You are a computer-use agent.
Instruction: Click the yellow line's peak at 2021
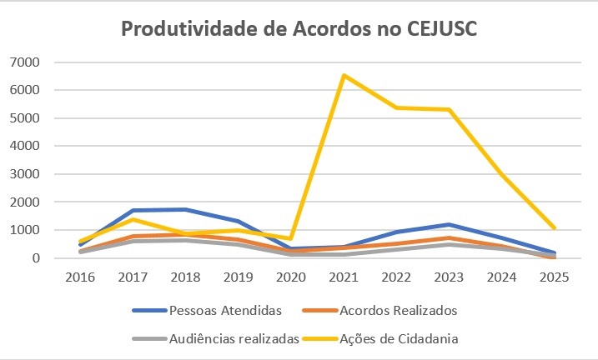(x=343, y=75)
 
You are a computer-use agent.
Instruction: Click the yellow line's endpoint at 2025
(x=554, y=227)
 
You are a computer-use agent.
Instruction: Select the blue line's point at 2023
(x=449, y=224)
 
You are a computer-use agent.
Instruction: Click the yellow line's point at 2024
(x=501, y=174)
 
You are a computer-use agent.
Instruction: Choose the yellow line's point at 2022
(x=396, y=107)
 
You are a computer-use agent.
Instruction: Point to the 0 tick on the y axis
(x=37, y=258)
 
